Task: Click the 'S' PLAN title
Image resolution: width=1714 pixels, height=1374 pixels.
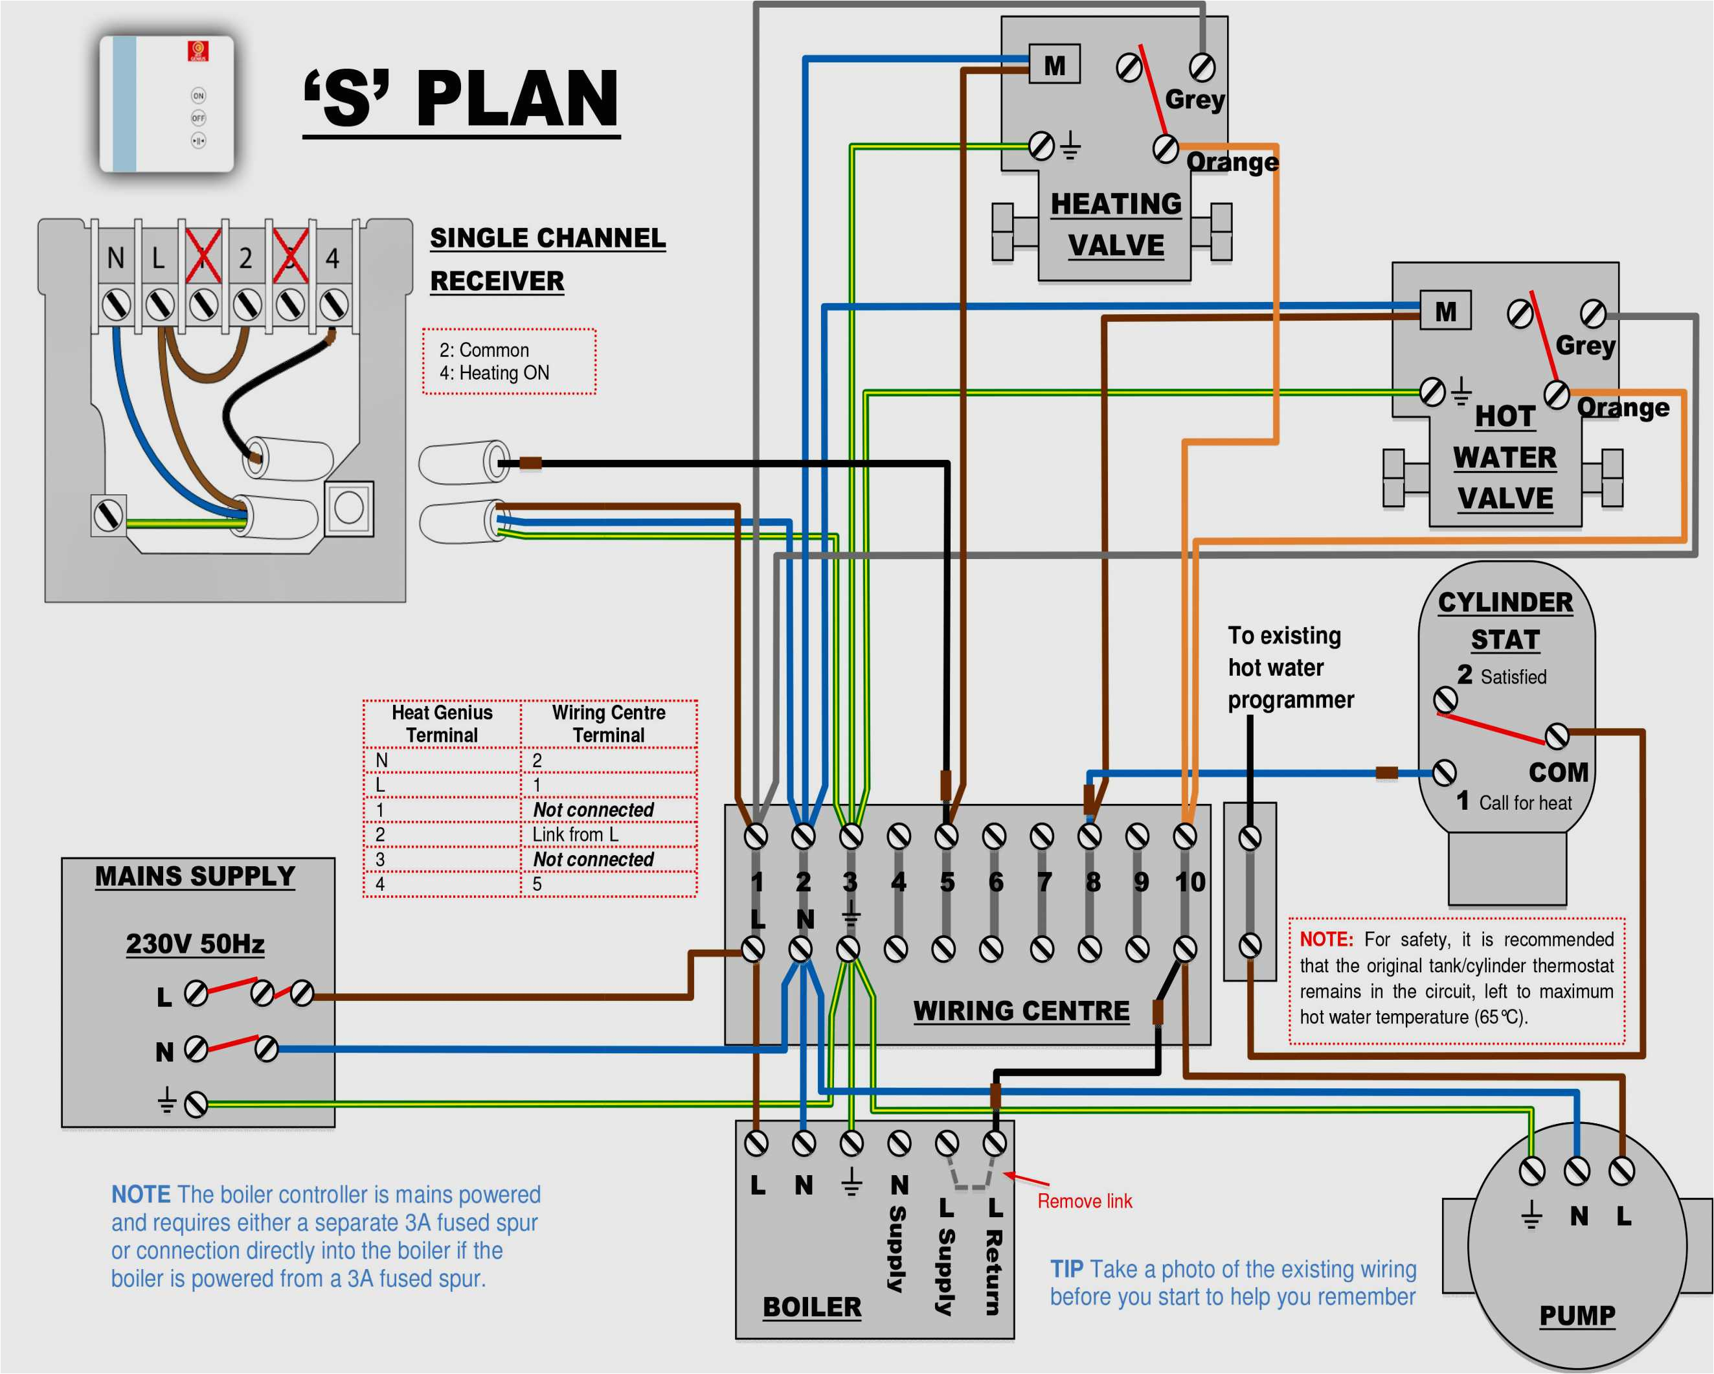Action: tap(461, 98)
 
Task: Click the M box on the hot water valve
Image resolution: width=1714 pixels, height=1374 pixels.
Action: tap(1445, 311)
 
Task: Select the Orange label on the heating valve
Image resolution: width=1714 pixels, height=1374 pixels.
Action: tap(1232, 162)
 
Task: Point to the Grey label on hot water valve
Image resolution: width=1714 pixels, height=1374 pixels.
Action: tap(1585, 345)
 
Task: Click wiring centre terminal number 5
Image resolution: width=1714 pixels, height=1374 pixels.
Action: tap(947, 881)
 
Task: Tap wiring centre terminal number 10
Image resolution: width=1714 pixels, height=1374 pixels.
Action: tap(1190, 881)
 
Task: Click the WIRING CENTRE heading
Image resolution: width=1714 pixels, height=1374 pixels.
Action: tap(1021, 1011)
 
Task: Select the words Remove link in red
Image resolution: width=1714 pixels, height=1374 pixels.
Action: tap(1085, 1200)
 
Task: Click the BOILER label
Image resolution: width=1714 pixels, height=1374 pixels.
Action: tap(812, 1307)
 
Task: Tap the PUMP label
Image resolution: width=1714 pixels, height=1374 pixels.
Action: tap(1577, 1315)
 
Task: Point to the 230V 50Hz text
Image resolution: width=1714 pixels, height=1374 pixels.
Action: tap(195, 944)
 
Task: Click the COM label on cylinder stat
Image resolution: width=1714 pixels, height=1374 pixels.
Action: tap(1558, 772)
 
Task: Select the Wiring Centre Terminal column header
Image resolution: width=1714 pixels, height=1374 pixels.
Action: tap(608, 724)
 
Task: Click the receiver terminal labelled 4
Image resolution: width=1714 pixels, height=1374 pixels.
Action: tap(332, 258)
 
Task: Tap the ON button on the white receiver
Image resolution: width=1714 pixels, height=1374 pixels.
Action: tap(199, 95)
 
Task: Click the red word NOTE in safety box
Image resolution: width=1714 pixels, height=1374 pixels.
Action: tap(1326, 939)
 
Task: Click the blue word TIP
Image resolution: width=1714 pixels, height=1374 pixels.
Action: tap(1067, 1269)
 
